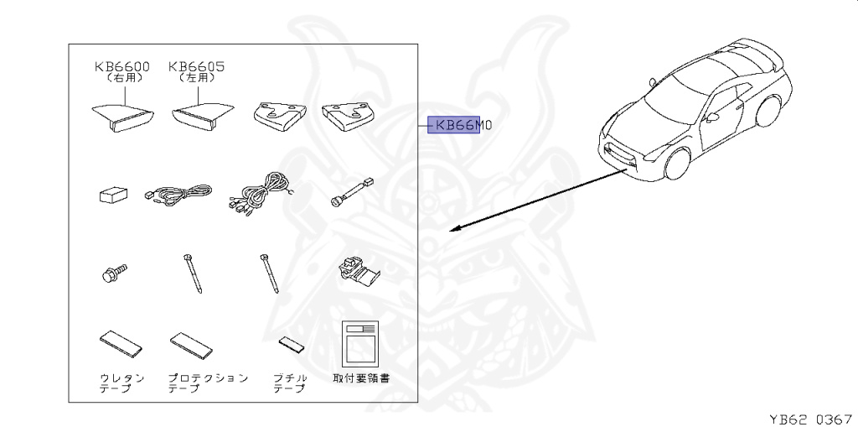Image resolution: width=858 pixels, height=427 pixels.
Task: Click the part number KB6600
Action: (x=122, y=66)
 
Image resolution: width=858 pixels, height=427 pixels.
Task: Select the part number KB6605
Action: (x=197, y=66)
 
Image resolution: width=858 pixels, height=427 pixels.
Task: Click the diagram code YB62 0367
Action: (x=810, y=417)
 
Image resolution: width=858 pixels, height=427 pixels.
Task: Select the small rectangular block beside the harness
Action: (x=112, y=196)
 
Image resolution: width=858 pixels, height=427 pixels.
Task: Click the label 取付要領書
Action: (x=361, y=378)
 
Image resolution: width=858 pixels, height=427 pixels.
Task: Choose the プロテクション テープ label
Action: (x=206, y=383)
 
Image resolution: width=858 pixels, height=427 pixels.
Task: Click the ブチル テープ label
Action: (x=290, y=383)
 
